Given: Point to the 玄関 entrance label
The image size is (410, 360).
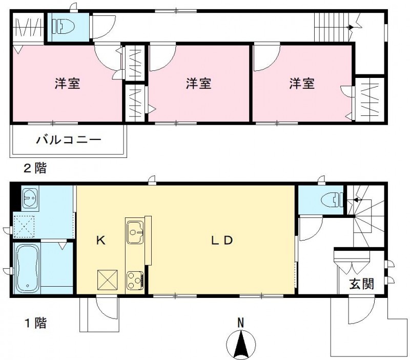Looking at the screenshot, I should pyautogui.click(x=362, y=284).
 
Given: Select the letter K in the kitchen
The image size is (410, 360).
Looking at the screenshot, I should pyautogui.click(x=100, y=241).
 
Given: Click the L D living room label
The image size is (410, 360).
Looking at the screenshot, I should pyautogui.click(x=223, y=241).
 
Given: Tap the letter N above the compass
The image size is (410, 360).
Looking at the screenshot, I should pyautogui.click(x=240, y=323).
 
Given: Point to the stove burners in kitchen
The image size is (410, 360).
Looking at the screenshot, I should pyautogui.click(x=135, y=280).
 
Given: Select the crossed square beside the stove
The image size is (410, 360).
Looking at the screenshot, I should pyautogui.click(x=108, y=280).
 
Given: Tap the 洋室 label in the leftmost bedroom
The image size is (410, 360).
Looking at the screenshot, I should pyautogui.click(x=68, y=84).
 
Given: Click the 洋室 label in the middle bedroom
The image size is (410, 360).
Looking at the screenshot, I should pyautogui.click(x=198, y=84).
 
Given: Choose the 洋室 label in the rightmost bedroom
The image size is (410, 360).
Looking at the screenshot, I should pyautogui.click(x=301, y=84).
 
